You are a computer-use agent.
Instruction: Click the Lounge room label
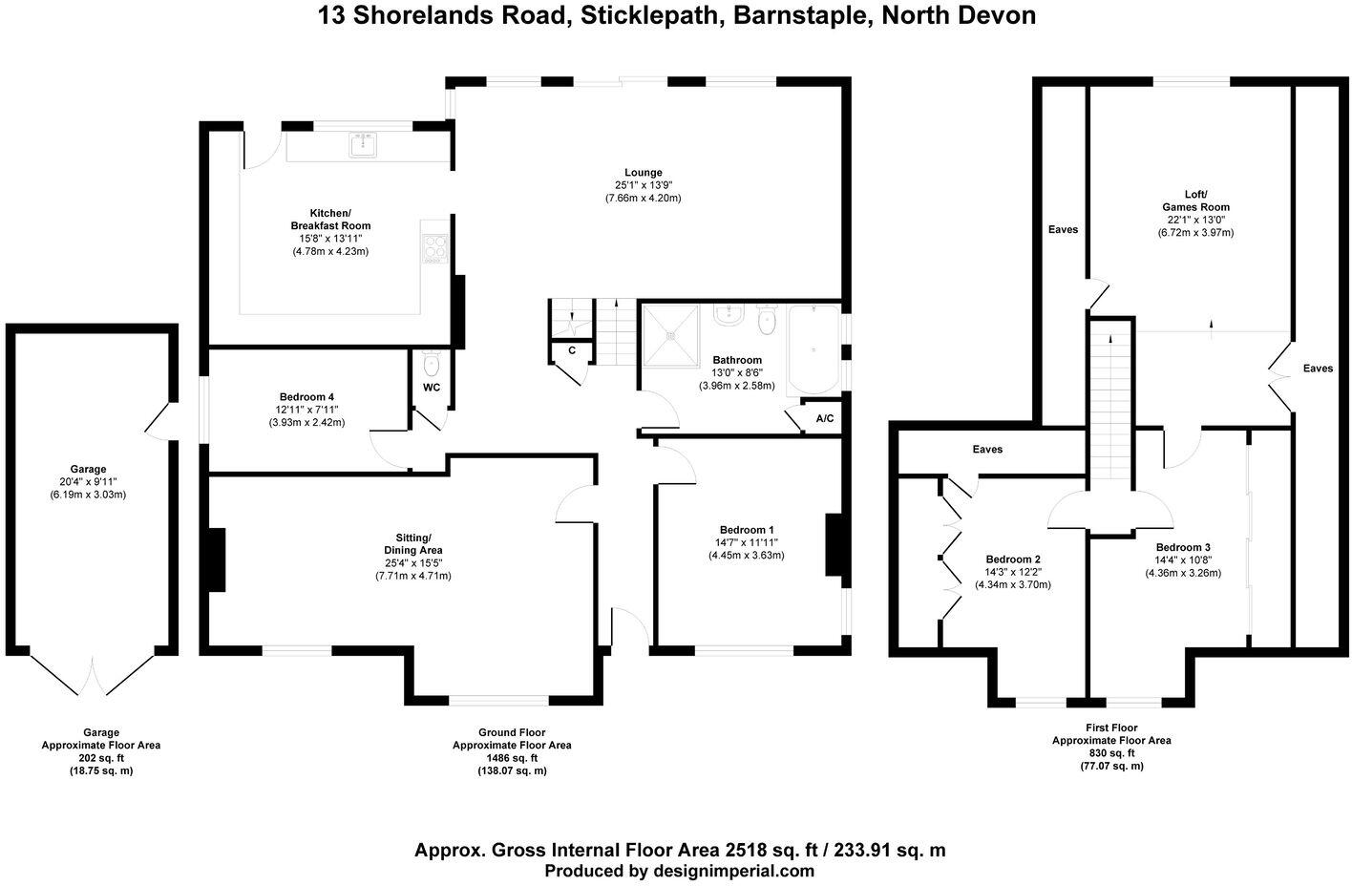click(642, 173)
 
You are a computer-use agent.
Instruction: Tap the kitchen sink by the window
click(364, 145)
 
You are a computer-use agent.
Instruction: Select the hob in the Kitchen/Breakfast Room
click(434, 247)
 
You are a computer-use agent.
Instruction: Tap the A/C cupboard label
click(824, 419)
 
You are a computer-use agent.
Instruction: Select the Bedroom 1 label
click(747, 530)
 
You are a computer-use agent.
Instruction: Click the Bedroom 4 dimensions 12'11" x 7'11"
click(306, 410)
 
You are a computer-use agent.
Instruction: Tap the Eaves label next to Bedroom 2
click(987, 449)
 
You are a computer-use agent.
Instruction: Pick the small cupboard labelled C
click(572, 350)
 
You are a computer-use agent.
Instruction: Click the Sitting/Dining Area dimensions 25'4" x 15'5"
click(412, 562)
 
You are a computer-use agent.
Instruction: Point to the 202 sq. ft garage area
click(101, 758)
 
